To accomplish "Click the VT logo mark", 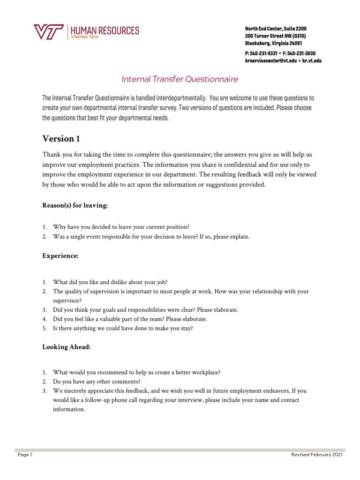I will (49, 32).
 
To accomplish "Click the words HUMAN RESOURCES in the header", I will (105, 30).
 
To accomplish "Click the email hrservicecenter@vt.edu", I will (270, 61).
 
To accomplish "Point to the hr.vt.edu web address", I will (312, 61).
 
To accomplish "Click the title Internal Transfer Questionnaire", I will (180, 79).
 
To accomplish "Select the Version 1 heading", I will (58, 139).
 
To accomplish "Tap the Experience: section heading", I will (60, 256).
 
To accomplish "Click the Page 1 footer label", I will (24, 455).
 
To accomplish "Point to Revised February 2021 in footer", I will (317, 455).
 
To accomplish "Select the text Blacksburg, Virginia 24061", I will (273, 43).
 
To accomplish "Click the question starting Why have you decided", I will (121, 227).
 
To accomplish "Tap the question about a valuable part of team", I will (130, 319).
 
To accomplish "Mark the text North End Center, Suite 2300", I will (276, 29).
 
